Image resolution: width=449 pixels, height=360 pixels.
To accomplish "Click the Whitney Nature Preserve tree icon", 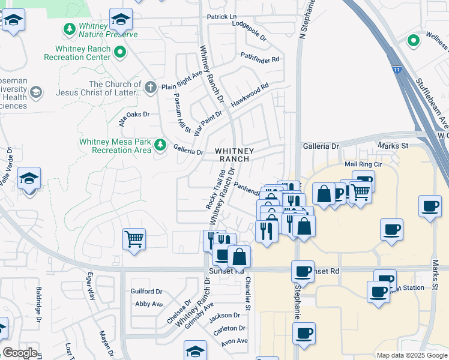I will (70, 29).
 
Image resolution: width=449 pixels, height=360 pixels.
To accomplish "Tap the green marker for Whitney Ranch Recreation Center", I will (120, 53).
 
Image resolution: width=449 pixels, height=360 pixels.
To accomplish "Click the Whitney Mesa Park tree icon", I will (160, 145).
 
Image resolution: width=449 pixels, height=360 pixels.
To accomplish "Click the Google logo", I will (20, 353).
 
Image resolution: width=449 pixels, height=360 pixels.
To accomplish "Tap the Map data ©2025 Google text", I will (411, 355).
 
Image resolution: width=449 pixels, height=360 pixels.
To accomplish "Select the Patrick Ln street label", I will (221, 17).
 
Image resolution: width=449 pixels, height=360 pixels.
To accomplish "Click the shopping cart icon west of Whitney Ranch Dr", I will (134, 238).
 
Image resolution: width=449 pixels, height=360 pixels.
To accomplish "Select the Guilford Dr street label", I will (146, 292).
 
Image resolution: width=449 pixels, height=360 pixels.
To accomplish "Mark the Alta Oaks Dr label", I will (133, 115).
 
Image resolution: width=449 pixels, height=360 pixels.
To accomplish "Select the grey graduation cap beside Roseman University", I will (36, 92).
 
